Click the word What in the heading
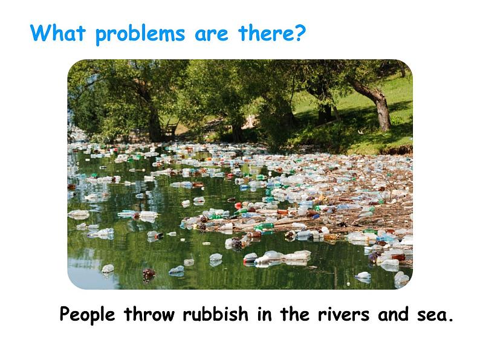(57, 33)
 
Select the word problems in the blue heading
(140, 34)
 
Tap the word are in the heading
(212, 35)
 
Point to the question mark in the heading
(300, 33)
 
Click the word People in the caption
(87, 315)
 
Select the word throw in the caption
(149, 314)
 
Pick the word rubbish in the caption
(215, 314)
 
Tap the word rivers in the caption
(343, 315)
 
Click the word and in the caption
(393, 314)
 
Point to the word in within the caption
(264, 315)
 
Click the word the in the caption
(295, 314)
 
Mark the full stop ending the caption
(450, 320)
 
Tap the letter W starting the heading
(39, 33)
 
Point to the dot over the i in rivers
(327, 308)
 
